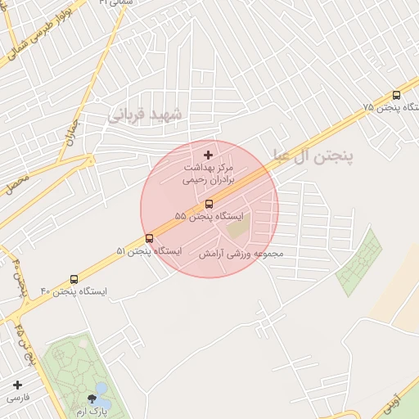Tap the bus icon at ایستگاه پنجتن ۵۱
(x=149, y=238)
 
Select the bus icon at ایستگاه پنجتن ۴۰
(x=74, y=279)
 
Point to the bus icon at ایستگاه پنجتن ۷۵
(x=397, y=95)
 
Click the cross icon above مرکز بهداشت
(x=208, y=155)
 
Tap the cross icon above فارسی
(x=17, y=384)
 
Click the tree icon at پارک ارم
(x=91, y=399)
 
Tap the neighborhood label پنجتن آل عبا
(x=312, y=157)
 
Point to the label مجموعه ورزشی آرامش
(x=241, y=254)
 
